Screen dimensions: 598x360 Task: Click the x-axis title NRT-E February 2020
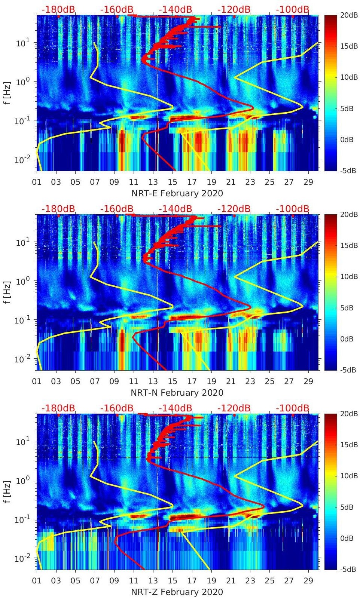(177, 193)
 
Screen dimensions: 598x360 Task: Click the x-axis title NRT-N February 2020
(177, 393)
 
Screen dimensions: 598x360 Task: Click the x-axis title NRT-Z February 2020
(177, 592)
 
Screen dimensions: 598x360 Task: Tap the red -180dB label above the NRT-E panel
(58, 9)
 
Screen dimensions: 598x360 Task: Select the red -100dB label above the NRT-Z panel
(292, 408)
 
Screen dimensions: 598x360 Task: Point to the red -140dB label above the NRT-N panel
(175, 209)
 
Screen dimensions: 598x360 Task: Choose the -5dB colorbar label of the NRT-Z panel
(347, 569)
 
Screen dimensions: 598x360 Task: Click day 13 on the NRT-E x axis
(153, 182)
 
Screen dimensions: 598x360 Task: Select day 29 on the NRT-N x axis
(308, 381)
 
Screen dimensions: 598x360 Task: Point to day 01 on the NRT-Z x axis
(37, 581)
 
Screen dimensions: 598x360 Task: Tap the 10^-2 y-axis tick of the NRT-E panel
(22, 160)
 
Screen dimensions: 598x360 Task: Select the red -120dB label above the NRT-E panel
(234, 9)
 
